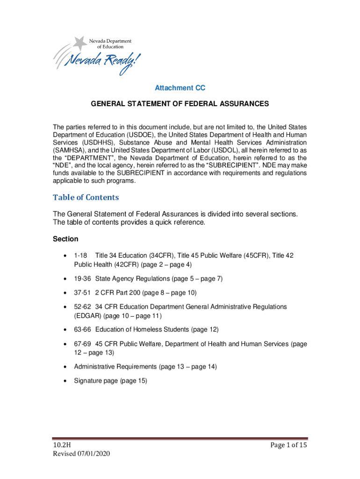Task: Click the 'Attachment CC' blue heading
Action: pyautogui.click(x=180, y=88)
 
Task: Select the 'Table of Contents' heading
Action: pyautogui.click(x=86, y=197)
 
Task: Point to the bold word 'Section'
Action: pyautogui.click(x=65, y=239)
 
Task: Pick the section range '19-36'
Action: pyautogui.click(x=83, y=279)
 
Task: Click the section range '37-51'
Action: pyautogui.click(x=83, y=293)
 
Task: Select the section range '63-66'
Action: pyautogui.click(x=83, y=330)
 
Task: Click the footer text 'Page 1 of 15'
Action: pyautogui.click(x=288, y=445)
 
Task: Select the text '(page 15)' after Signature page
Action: pyautogui.click(x=134, y=381)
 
